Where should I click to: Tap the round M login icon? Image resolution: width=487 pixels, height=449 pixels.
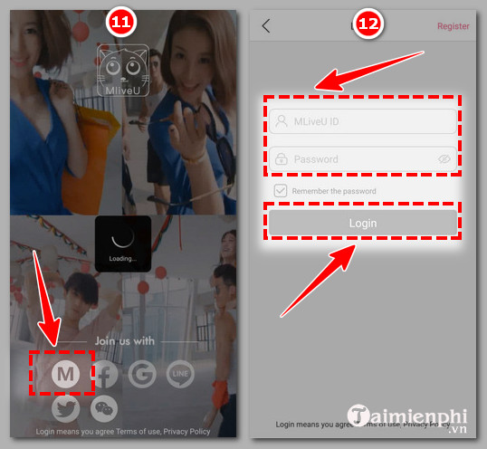click(65, 374)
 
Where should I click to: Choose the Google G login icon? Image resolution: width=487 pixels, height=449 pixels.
click(140, 373)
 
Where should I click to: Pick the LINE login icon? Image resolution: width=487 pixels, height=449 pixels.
click(180, 373)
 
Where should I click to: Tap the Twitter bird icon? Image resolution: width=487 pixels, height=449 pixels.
click(65, 410)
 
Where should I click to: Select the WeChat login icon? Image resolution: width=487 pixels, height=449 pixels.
click(105, 410)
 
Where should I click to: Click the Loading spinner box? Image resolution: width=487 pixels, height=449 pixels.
click(123, 244)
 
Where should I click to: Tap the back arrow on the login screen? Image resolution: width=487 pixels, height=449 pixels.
click(265, 26)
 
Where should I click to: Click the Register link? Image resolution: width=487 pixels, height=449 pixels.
click(453, 26)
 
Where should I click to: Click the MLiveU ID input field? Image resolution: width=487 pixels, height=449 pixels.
click(362, 121)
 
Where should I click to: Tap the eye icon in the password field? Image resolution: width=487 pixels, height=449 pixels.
click(444, 158)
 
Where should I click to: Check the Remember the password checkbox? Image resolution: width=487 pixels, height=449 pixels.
click(281, 191)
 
